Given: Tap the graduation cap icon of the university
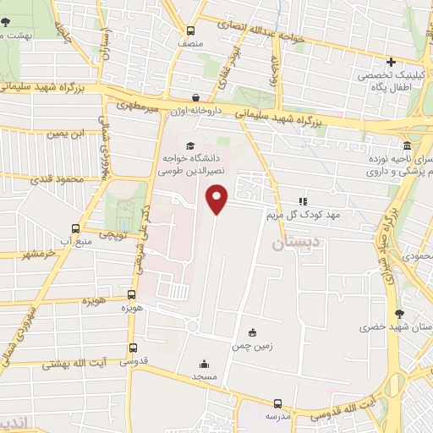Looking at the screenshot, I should click(x=190, y=145).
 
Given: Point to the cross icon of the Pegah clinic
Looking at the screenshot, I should click(x=391, y=62).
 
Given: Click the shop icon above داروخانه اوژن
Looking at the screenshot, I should click(x=196, y=97).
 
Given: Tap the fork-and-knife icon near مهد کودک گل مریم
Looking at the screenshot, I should click(x=302, y=201).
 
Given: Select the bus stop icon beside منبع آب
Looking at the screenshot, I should click(x=76, y=228).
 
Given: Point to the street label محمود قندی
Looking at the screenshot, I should click(x=56, y=179).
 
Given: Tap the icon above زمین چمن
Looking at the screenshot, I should click(x=252, y=332).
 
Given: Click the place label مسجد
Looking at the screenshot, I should click(x=205, y=375).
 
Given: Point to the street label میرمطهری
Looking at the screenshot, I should click(x=140, y=107).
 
